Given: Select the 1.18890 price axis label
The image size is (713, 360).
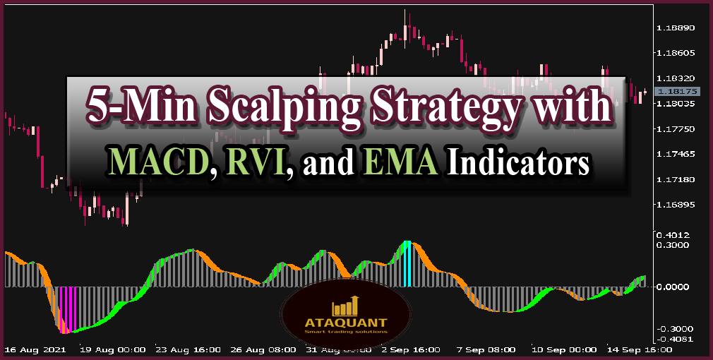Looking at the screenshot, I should coord(676,28).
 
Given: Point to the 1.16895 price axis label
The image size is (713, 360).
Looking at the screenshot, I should coord(676,205).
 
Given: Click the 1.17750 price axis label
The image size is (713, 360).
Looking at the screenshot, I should coord(676,129).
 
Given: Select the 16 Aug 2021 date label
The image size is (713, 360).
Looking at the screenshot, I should coord(35,349).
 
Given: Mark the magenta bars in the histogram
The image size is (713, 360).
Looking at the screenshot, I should coord(67,309).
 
